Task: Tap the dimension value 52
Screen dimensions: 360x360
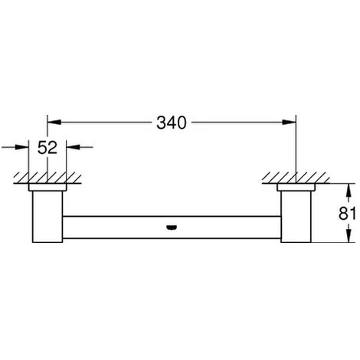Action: [47, 148]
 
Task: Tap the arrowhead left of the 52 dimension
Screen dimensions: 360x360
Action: [25, 147]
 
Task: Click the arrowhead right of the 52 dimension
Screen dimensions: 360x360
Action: [70, 147]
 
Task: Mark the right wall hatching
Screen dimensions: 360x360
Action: [296, 177]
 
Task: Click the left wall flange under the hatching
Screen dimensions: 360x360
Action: [47, 187]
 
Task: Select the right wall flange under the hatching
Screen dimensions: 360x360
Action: [296, 187]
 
